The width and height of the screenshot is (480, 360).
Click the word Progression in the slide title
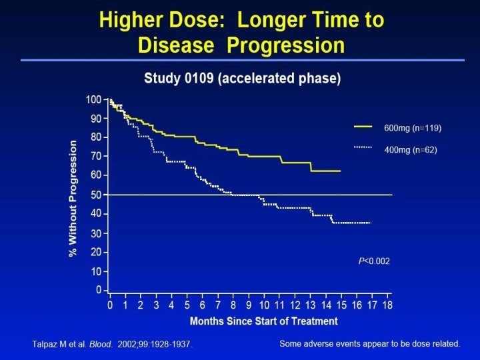290,45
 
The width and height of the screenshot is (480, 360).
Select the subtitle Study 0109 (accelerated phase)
242,79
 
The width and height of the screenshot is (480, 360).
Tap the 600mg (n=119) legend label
413,127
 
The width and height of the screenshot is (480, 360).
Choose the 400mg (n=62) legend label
411,149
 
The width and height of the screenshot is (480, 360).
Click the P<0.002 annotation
374,261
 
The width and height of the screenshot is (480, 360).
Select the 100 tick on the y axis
94,100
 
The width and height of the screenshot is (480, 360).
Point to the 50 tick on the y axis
96,195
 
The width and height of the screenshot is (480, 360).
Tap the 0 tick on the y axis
99,291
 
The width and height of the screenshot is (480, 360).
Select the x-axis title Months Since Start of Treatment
264,321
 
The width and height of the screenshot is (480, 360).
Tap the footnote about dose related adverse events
371,344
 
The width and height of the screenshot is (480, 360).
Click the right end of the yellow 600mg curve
341,171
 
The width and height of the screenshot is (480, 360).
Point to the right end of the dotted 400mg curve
371,223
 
